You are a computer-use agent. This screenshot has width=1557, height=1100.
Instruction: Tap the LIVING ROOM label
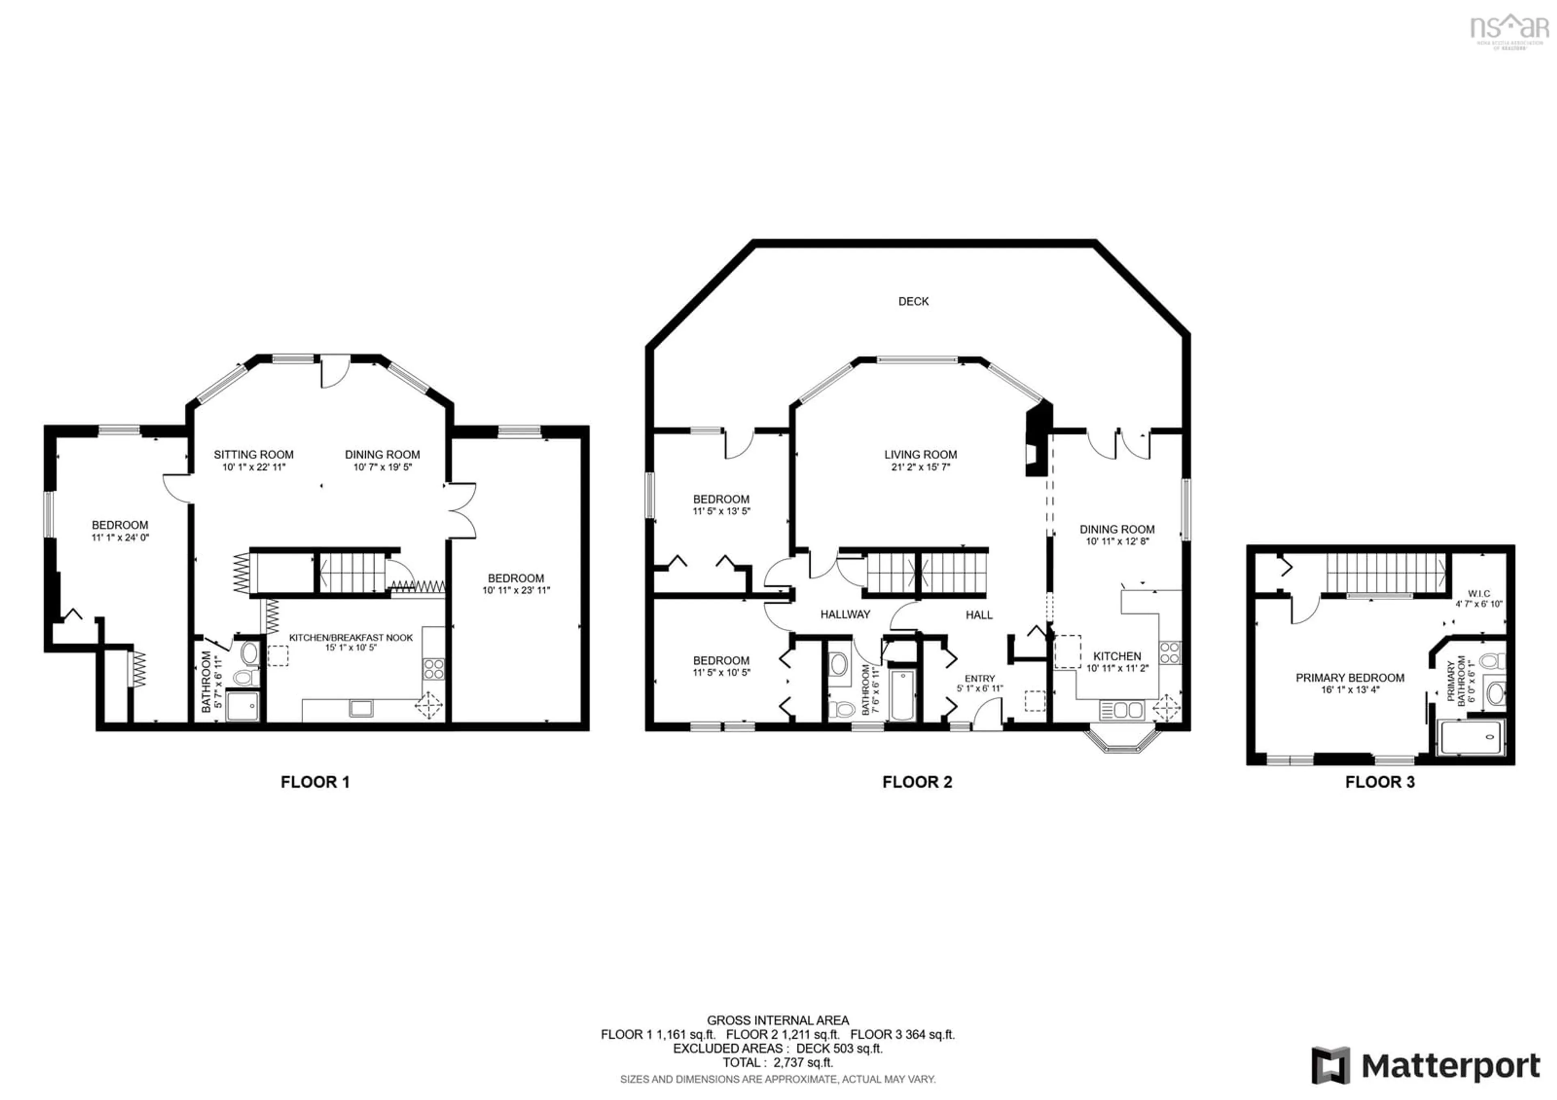point(920,454)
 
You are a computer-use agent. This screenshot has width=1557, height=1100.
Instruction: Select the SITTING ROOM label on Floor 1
point(254,454)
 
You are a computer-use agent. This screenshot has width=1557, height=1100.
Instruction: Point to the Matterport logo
point(1426,1066)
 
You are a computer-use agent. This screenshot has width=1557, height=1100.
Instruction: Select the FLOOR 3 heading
point(1379,782)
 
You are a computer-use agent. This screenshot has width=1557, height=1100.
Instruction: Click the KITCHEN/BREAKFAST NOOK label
point(351,638)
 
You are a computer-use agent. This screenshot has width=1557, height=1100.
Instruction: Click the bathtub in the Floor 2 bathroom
point(903,694)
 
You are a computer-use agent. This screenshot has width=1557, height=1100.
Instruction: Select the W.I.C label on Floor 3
point(1478,593)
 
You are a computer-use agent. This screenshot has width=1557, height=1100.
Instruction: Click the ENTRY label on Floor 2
point(979,678)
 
